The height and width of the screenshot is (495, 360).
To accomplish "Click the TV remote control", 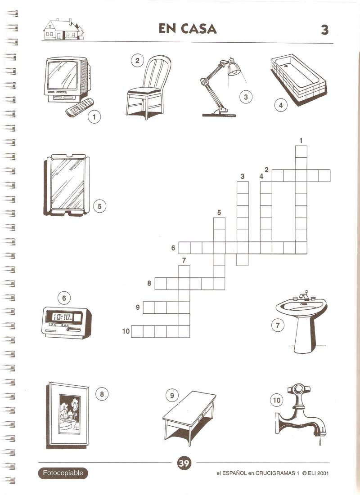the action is pyautogui.click(x=80, y=107).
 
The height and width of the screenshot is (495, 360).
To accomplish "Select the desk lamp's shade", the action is pyautogui.click(x=233, y=68).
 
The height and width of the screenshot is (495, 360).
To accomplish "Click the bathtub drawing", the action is pyautogui.click(x=298, y=80).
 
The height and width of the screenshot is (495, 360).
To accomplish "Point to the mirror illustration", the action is pyautogui.click(x=67, y=185).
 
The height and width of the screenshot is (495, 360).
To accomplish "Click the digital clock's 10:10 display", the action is pyautogui.click(x=63, y=317).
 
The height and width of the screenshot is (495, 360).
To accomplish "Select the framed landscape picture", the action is pyautogui.click(x=67, y=415).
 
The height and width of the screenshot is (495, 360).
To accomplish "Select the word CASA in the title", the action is pyautogui.click(x=199, y=29).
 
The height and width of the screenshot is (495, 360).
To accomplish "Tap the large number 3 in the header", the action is pyautogui.click(x=324, y=30).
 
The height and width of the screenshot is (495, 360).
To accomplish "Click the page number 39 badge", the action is pyautogui.click(x=184, y=463).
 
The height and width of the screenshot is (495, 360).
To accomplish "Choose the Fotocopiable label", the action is pyautogui.click(x=63, y=473).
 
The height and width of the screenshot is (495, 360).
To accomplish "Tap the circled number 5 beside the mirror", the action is pyautogui.click(x=99, y=206).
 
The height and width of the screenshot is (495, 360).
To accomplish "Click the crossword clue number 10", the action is pyautogui.click(x=126, y=331).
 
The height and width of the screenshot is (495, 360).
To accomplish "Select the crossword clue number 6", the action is pyautogui.click(x=173, y=248).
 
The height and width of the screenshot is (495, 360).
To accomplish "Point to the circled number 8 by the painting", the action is pyautogui.click(x=102, y=394).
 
